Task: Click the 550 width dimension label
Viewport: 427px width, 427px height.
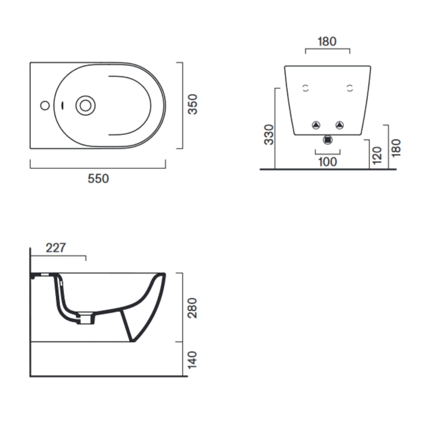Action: point(98,179)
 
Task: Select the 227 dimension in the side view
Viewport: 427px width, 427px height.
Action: point(56,247)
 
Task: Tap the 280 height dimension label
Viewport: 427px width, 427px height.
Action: point(193,307)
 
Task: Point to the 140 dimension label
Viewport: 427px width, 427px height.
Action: point(193,359)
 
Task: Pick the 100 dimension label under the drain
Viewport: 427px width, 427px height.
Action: point(328,162)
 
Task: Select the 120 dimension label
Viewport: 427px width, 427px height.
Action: point(378,155)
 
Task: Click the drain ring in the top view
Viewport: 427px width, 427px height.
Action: point(85,105)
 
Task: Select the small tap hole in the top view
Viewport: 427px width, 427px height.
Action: point(44,106)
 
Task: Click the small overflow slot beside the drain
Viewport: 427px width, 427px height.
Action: point(63,106)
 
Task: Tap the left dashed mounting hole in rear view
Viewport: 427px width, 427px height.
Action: point(305,88)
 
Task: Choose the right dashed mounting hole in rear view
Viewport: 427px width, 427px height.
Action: point(349,88)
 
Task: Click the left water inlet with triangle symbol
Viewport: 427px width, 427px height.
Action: point(316,124)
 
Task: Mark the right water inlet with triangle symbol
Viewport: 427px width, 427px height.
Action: point(339,124)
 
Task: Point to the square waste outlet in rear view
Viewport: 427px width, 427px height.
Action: point(328,139)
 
